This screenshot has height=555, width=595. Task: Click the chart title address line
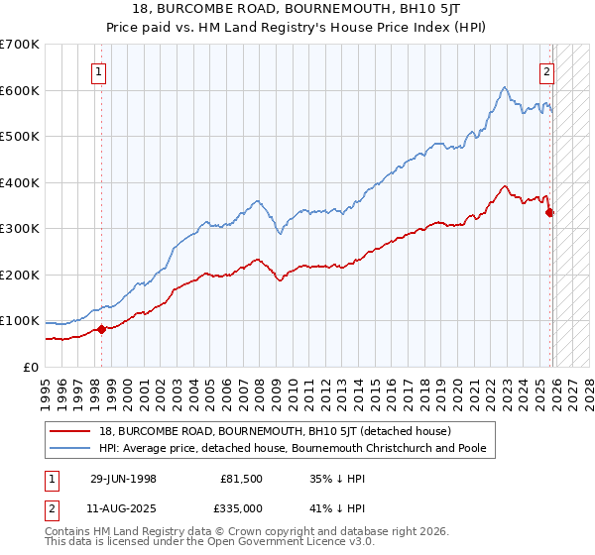(297, 10)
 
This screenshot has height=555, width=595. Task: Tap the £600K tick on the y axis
(20, 90)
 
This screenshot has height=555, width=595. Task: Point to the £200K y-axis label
(20, 275)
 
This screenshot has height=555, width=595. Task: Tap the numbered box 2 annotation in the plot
(546, 71)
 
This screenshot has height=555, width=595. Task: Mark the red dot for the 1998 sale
(101, 329)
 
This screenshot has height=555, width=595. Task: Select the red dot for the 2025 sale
(550, 212)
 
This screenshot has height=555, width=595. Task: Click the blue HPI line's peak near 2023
(505, 87)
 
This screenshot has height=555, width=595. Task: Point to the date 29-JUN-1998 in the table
(124, 478)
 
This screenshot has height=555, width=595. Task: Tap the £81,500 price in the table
(241, 478)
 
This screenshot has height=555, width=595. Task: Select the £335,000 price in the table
(241, 507)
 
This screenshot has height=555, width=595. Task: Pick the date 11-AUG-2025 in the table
(124, 507)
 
